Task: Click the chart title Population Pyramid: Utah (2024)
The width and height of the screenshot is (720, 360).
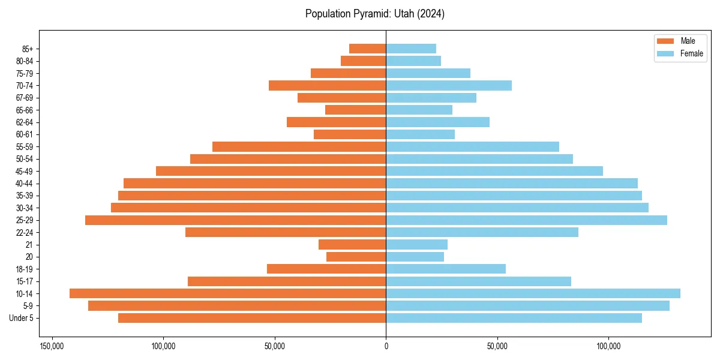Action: (x=374, y=14)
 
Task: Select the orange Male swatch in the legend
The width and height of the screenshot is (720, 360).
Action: (x=665, y=41)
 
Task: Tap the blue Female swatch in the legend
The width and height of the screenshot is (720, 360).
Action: (x=665, y=53)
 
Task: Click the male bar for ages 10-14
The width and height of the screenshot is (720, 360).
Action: (x=227, y=293)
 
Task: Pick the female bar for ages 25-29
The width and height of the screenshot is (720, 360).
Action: (x=526, y=220)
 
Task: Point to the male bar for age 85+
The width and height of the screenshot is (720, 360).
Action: (x=367, y=49)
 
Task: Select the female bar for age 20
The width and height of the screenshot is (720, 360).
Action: (x=415, y=257)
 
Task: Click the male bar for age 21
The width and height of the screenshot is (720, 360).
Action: (x=352, y=245)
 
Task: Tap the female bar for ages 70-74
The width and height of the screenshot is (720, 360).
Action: (x=449, y=85)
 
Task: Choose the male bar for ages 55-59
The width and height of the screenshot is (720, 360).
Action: (x=299, y=147)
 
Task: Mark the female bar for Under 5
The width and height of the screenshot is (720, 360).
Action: (x=514, y=318)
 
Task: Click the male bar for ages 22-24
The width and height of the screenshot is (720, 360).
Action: (x=286, y=232)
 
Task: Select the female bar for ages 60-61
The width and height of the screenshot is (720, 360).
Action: (x=420, y=134)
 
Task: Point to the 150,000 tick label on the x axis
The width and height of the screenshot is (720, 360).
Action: (x=52, y=346)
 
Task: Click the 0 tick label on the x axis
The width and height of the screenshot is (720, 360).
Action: (x=386, y=346)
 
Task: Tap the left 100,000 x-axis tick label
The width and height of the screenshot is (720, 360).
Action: (x=163, y=346)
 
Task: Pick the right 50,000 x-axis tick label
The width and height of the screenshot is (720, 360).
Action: (x=497, y=346)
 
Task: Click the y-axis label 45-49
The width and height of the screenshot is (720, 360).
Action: (x=25, y=172)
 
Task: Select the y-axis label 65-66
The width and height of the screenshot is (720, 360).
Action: (x=25, y=110)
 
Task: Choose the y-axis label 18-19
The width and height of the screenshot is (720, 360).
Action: (x=25, y=269)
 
